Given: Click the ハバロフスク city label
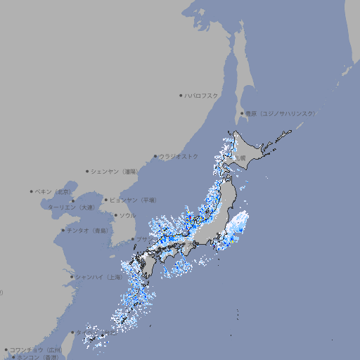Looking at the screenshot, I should [202, 96].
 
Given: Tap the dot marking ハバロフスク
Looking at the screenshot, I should [181, 96].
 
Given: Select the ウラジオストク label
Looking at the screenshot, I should [179, 156].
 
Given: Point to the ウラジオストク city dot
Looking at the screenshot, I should [155, 156].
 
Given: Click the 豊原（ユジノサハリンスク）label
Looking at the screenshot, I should [281, 113].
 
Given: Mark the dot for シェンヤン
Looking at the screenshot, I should [87, 171].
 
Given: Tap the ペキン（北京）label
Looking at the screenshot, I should [53, 191].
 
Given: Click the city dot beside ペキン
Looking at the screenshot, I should [32, 191].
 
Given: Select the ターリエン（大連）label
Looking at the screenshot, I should [70, 207].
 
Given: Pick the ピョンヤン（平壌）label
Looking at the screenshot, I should [134, 200].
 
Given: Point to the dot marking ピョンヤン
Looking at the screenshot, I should [107, 200].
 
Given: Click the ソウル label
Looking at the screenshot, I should [127, 215].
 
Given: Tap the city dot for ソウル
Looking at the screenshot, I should [115, 215].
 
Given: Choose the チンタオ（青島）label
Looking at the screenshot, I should [87, 230].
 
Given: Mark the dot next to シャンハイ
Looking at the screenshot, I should [72, 276].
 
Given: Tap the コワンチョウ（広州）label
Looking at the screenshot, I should [35, 349].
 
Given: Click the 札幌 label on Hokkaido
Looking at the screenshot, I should [241, 158].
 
